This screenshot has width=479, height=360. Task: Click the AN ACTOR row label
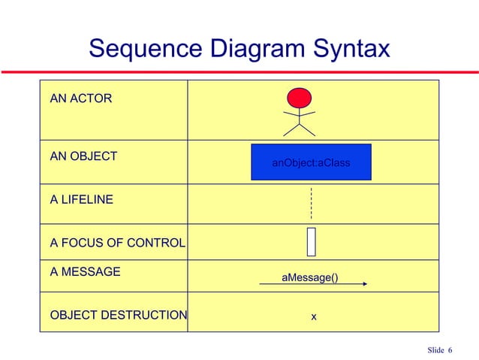(x=80, y=98)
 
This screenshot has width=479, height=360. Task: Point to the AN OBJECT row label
(x=83, y=156)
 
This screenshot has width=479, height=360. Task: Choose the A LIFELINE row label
(x=82, y=200)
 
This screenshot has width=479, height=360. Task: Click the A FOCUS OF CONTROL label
(x=117, y=243)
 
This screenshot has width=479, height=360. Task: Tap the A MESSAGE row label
(x=85, y=271)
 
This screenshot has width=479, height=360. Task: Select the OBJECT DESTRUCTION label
(x=118, y=314)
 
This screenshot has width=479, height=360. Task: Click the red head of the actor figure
(x=300, y=97)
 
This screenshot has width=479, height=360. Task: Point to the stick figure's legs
(x=300, y=129)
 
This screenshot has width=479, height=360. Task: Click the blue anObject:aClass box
(x=311, y=162)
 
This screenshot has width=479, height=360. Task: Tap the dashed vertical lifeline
(x=310, y=203)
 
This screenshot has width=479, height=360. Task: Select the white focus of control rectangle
(x=311, y=241)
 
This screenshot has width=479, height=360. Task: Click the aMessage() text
(x=309, y=278)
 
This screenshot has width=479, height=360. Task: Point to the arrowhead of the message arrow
(x=363, y=284)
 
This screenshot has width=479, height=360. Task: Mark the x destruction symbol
(x=314, y=316)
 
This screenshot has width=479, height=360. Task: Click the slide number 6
(x=450, y=350)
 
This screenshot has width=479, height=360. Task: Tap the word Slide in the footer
(x=435, y=350)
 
